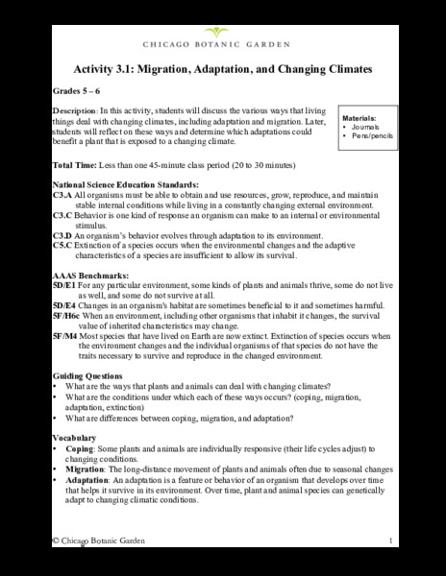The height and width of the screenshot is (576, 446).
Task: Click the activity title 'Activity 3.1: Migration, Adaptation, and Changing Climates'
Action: [x=222, y=71]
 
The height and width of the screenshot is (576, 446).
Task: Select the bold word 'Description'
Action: [x=76, y=111]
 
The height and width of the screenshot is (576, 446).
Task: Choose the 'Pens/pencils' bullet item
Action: [x=373, y=136]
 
